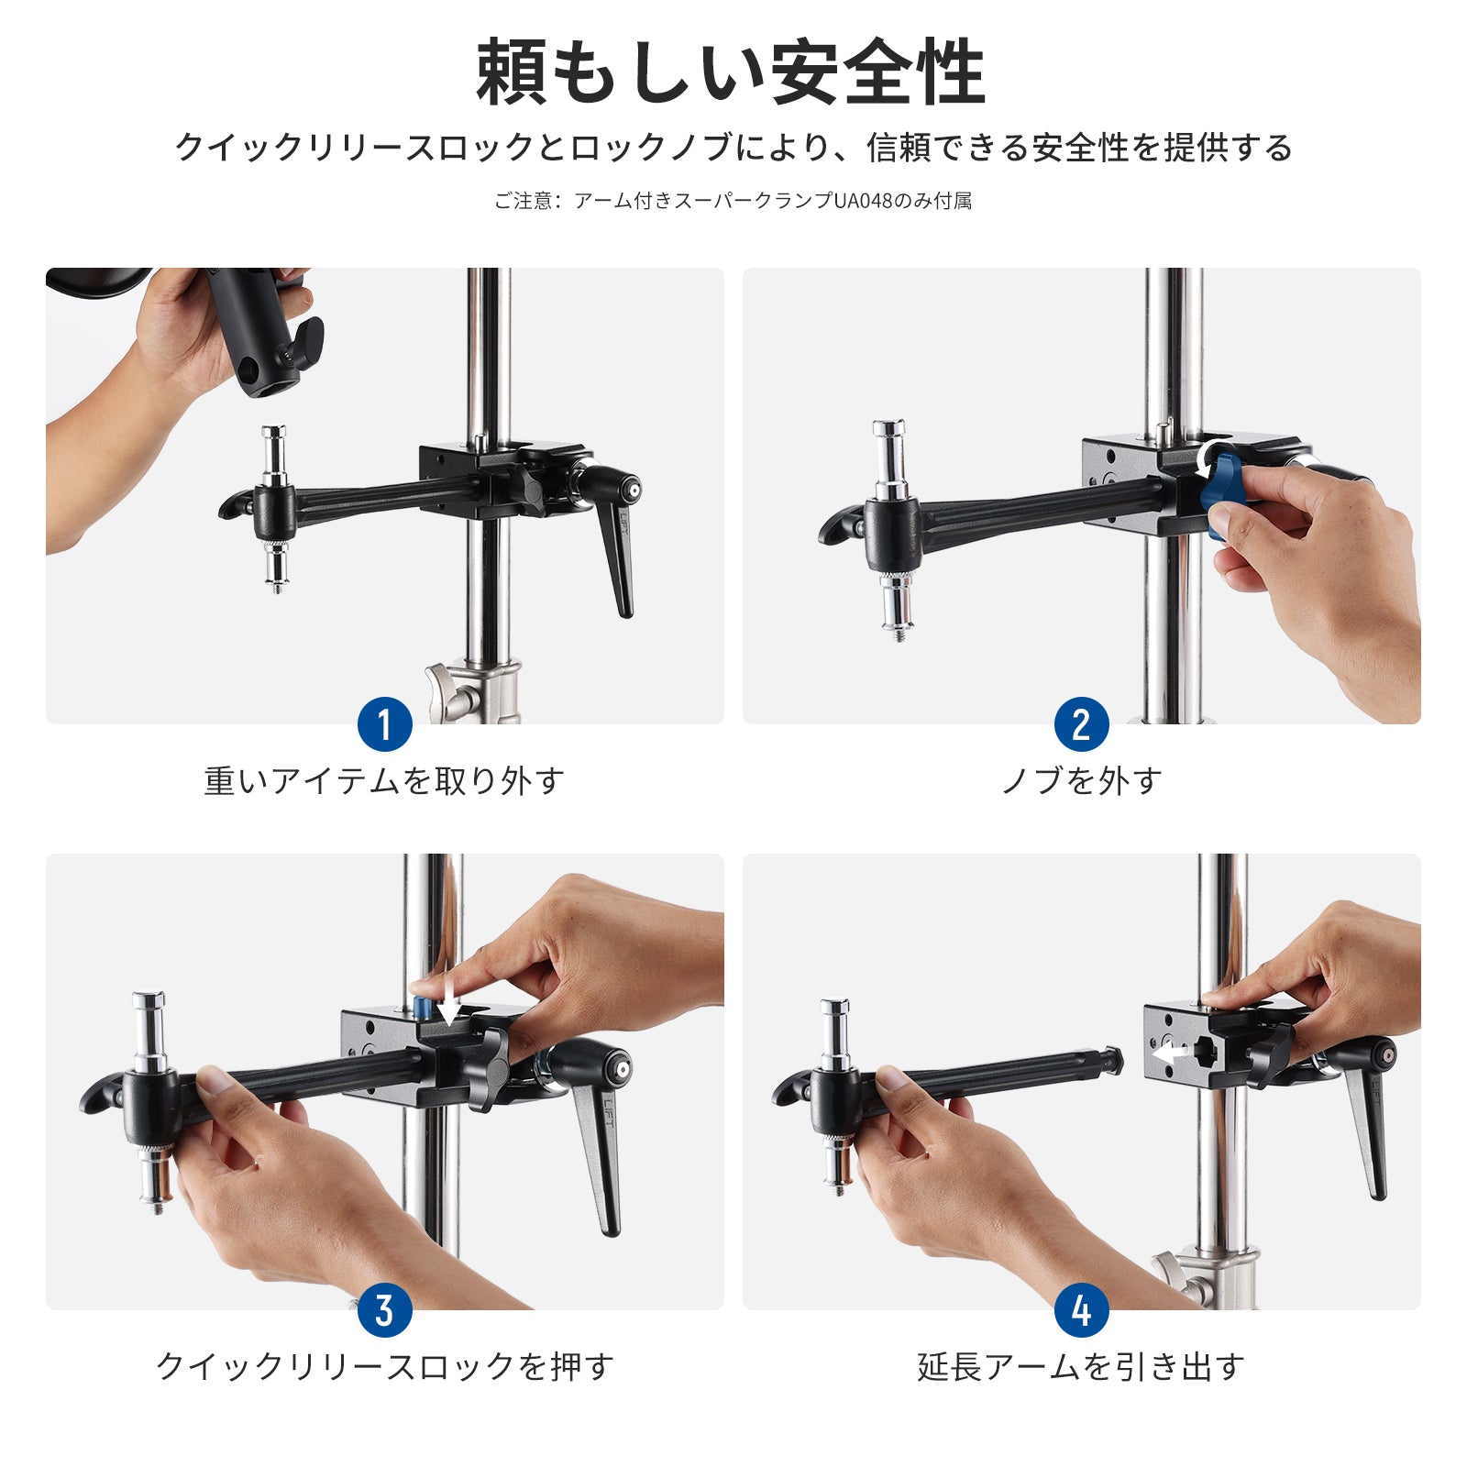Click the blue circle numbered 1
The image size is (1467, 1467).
384,724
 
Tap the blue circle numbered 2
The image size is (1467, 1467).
1081,724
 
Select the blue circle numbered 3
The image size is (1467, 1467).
384,1310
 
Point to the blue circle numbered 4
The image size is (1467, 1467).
1081,1310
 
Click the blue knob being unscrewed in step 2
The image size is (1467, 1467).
1222,486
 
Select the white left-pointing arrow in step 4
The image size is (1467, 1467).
1169,1053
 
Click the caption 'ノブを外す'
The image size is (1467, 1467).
1081,781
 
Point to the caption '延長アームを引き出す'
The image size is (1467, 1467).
1081,1367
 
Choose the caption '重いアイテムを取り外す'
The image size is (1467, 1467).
384,781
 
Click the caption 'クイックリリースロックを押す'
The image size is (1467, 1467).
384,1367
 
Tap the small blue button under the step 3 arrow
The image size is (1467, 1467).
424,1009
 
